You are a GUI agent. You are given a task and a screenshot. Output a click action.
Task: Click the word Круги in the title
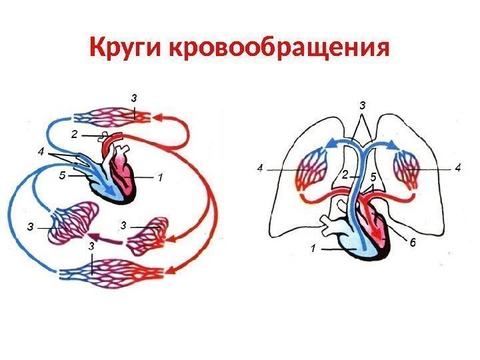click(126, 48)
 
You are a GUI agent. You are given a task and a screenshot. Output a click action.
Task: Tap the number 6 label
click(412, 244)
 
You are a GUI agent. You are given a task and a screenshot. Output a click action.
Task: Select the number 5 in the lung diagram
click(373, 177)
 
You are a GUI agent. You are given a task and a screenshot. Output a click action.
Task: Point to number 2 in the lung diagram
click(345, 175)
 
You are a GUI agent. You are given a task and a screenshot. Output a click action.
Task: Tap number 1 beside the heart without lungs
click(160, 178)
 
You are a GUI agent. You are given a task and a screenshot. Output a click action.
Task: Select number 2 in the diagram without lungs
click(75, 135)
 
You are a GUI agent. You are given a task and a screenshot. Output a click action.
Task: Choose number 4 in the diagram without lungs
click(41, 153)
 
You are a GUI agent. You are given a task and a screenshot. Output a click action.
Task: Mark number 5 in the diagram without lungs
click(61, 177)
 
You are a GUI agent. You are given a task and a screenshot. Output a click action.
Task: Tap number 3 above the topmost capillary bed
click(133, 99)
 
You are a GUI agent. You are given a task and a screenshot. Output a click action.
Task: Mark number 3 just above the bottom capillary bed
click(90, 247)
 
